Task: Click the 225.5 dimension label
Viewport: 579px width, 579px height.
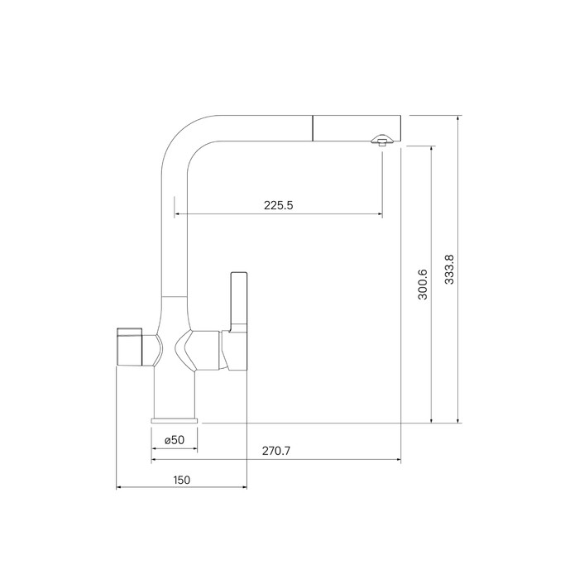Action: pos(279,205)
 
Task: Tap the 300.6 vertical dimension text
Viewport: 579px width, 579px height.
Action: pos(423,284)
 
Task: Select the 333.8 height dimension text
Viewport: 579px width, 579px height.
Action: pos(449,269)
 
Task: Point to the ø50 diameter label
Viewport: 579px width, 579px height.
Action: pos(175,440)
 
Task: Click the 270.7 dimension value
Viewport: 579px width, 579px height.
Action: pos(276,451)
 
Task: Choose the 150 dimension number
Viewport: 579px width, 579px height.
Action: pos(182,480)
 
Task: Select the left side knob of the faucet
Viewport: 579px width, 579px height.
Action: pos(129,347)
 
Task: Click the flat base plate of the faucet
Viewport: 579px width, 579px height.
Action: pos(175,420)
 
